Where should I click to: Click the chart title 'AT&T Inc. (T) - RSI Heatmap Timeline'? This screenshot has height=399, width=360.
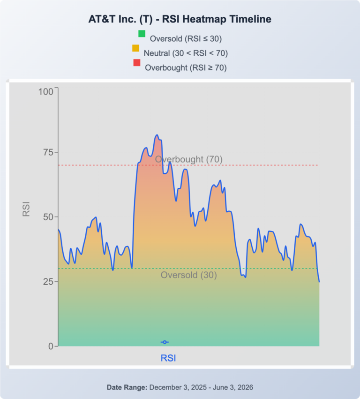click(x=180, y=19)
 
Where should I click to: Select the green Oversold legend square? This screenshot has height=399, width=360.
click(x=142, y=34)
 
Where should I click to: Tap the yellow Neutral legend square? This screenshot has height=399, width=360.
click(x=135, y=48)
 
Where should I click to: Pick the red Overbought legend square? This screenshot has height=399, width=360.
click(x=137, y=63)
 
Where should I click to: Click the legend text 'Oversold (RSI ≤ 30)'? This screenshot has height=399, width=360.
click(x=186, y=39)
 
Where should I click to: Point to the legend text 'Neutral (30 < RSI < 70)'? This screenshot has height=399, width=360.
click(x=186, y=53)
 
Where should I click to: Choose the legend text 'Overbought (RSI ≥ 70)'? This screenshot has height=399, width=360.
click(x=186, y=68)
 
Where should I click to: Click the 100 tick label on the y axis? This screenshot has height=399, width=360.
click(x=46, y=92)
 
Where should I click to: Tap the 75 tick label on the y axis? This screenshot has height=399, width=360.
click(x=48, y=152)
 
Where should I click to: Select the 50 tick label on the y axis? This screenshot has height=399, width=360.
click(x=48, y=217)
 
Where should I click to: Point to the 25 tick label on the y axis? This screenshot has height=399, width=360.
click(x=48, y=282)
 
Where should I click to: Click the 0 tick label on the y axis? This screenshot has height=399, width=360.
click(x=51, y=347)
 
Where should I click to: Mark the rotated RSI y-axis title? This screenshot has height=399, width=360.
click(x=26, y=209)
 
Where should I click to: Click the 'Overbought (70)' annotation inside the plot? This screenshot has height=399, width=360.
click(x=189, y=159)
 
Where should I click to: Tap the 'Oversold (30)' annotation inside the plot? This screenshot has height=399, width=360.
click(x=189, y=275)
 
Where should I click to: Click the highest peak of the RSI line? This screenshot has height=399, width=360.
click(x=157, y=135)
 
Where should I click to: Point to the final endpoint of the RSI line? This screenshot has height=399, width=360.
click(x=319, y=282)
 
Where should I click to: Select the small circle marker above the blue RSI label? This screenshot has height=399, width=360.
click(x=165, y=342)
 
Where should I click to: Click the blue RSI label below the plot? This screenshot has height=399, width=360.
click(x=168, y=358)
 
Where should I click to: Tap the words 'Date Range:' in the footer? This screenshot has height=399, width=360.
click(x=127, y=387)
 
